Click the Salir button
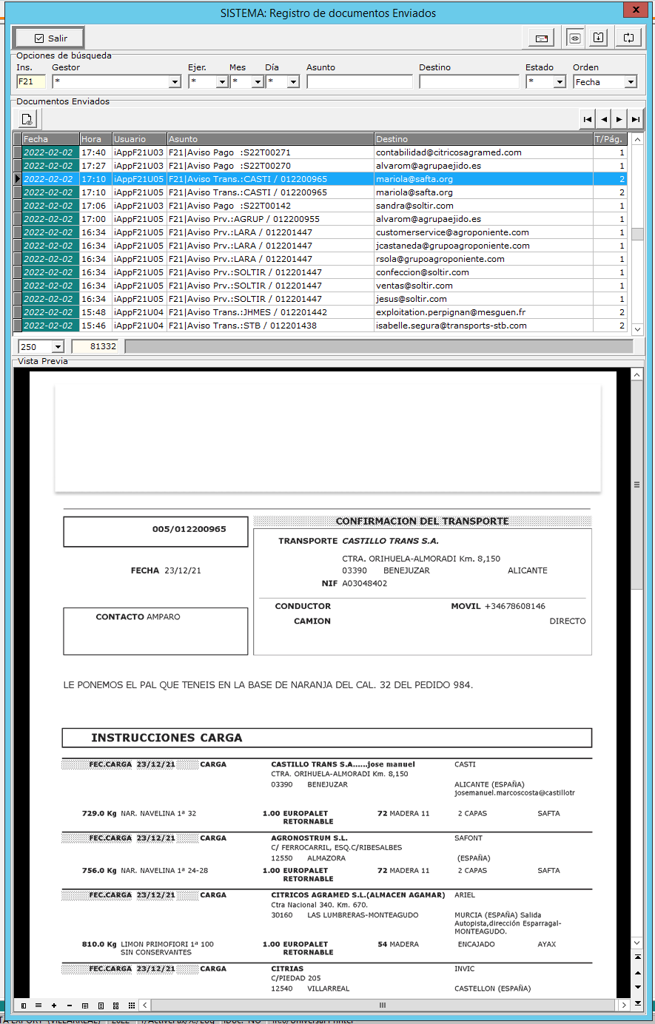click(x=49, y=38)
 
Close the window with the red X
click(x=635, y=10)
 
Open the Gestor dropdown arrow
click(x=175, y=82)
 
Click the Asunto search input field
click(x=359, y=82)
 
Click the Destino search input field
click(x=468, y=82)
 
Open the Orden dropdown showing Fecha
click(x=631, y=82)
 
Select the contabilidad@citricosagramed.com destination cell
click(x=449, y=152)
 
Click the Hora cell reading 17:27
click(x=94, y=166)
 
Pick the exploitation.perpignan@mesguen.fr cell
click(x=451, y=312)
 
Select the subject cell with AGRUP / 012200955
click(x=244, y=219)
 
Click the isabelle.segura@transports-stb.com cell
click(x=451, y=326)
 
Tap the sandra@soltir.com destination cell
click(x=414, y=206)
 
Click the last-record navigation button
click(x=636, y=119)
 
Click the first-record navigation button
click(x=588, y=119)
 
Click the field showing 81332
click(x=96, y=347)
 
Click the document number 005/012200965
click(x=189, y=530)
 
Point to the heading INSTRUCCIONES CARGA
click(x=167, y=738)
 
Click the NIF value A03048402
click(x=364, y=584)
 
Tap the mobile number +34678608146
click(x=515, y=607)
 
